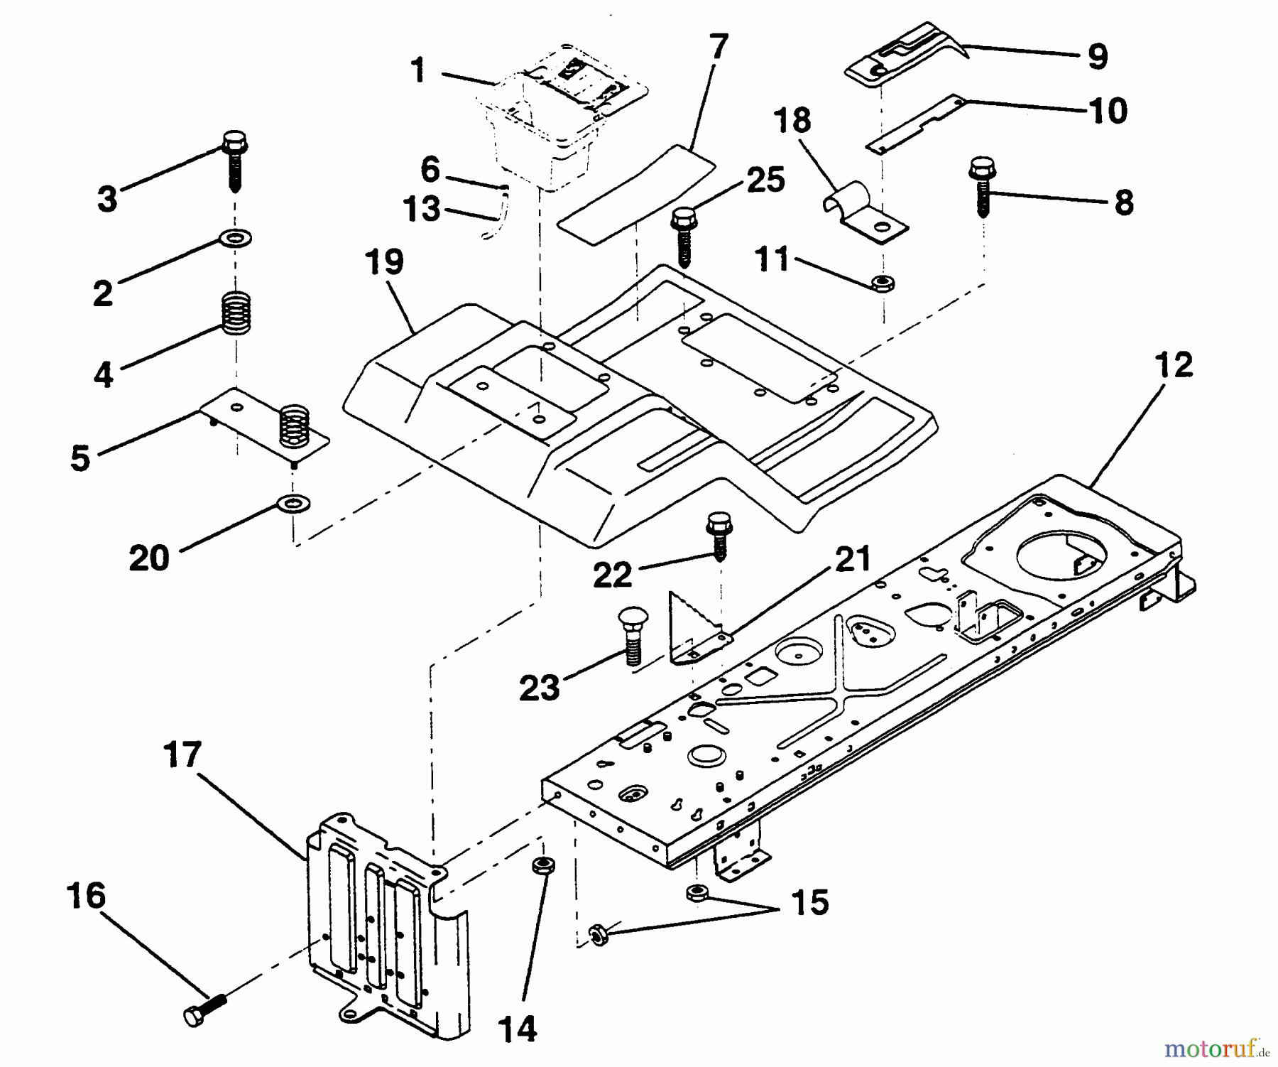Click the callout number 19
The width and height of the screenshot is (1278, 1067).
tap(385, 263)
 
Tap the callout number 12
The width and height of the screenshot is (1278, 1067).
tap(1174, 366)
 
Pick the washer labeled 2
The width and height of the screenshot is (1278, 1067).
tap(236, 238)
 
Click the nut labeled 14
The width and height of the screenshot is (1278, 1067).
tap(542, 867)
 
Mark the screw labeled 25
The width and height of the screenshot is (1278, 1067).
tap(684, 236)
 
